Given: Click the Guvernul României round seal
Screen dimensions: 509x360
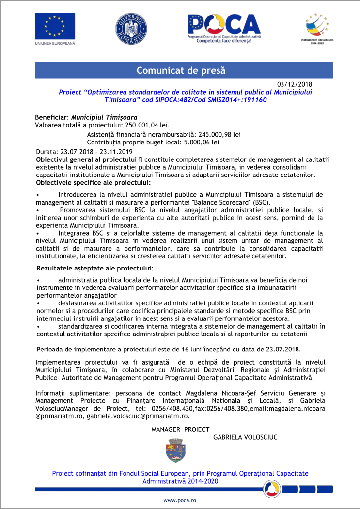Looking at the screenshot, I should click(x=131, y=28).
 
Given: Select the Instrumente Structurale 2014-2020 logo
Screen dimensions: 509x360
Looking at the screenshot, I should click(x=315, y=28).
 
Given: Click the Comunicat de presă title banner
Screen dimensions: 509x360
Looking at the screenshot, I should click(x=180, y=70).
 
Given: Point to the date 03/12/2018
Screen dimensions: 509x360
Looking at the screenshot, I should click(x=295, y=84).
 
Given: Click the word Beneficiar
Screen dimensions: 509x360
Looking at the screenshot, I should click(x=52, y=117).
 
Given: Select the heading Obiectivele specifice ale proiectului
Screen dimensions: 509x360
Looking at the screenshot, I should click(x=94, y=183).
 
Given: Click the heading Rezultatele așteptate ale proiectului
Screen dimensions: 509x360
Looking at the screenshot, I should click(x=95, y=268).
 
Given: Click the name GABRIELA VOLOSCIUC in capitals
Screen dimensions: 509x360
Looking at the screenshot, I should click(x=245, y=437).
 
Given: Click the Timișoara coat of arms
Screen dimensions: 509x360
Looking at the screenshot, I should click(x=173, y=450).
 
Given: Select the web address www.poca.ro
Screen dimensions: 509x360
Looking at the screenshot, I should click(x=179, y=500).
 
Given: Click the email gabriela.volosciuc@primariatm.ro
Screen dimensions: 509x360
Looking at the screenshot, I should click(x=138, y=416).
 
